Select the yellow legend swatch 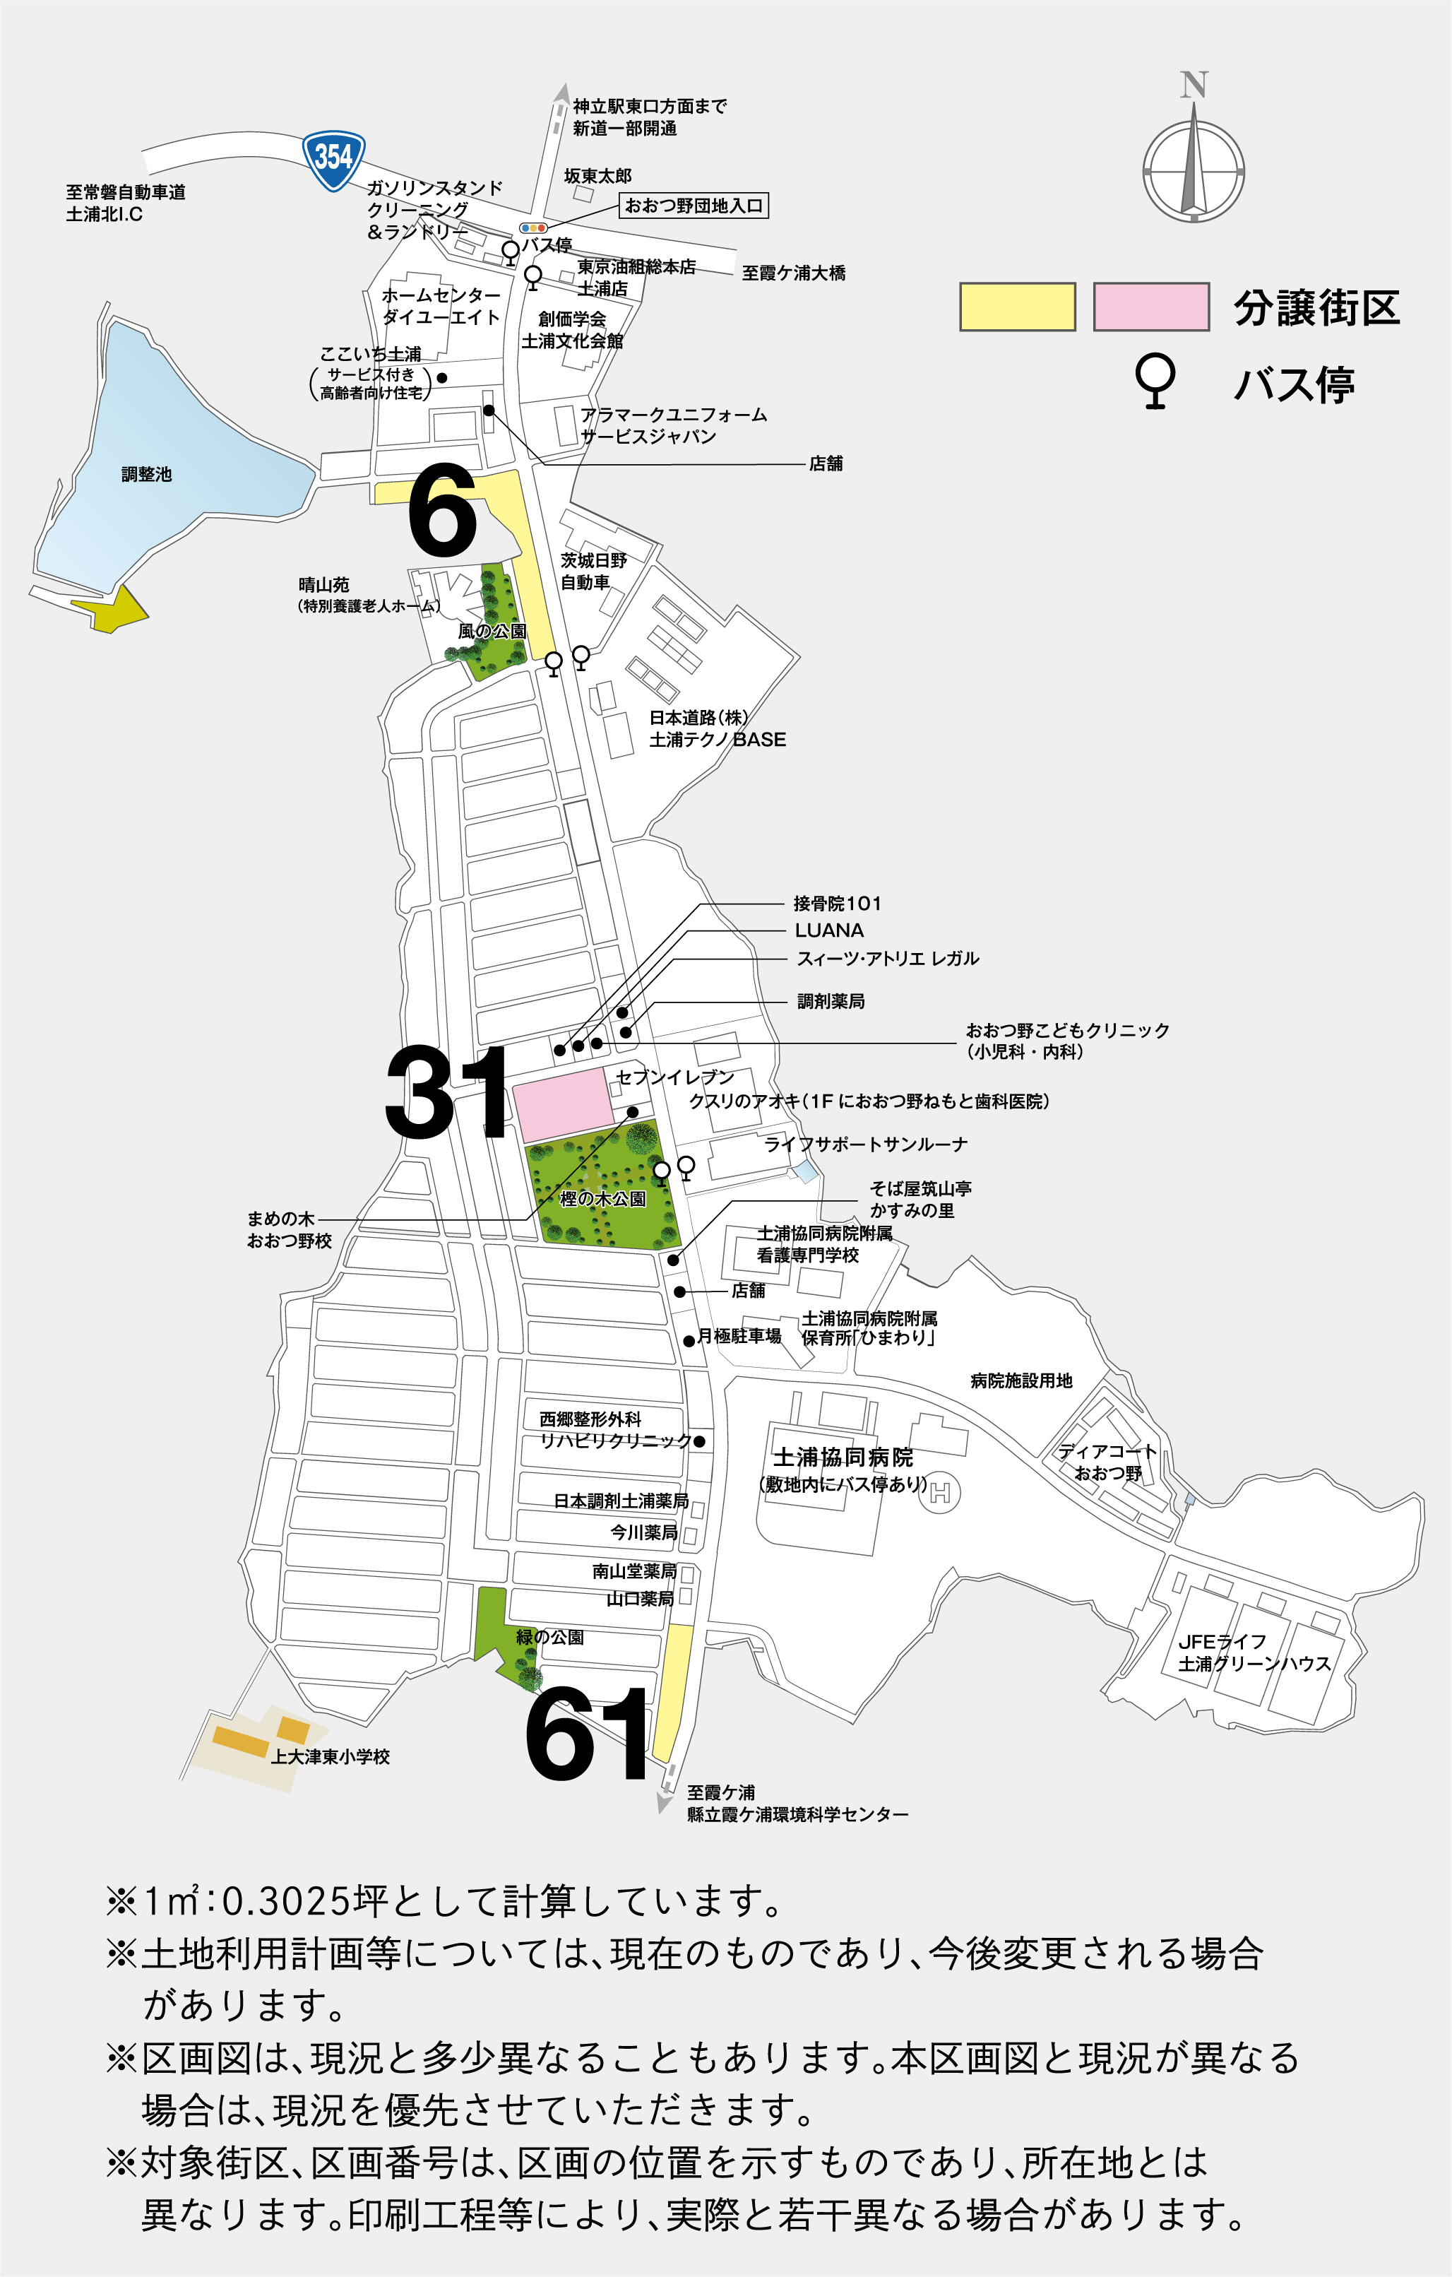[x=1017, y=307]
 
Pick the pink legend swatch [x=1150, y=307]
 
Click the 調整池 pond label [x=146, y=475]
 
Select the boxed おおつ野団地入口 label [x=693, y=205]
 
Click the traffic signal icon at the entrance [x=533, y=228]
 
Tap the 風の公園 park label [x=492, y=631]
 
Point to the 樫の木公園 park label [x=602, y=1198]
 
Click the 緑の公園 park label [x=549, y=1637]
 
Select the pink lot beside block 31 [x=562, y=1104]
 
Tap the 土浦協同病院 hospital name [x=843, y=1457]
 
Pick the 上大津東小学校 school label [x=330, y=1756]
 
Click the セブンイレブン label [x=675, y=1077]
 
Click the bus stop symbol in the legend [x=1155, y=380]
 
